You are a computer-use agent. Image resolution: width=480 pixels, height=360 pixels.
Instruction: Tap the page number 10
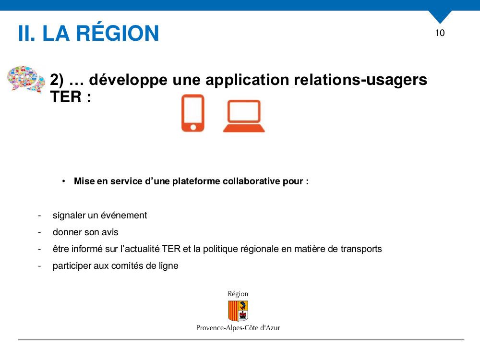(440, 33)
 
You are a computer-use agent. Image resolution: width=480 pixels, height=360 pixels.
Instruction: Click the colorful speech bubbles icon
(26, 79)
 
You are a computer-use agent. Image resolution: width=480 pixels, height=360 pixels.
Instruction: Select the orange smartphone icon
(193, 113)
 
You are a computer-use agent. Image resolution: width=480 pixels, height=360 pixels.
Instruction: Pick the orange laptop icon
(244, 116)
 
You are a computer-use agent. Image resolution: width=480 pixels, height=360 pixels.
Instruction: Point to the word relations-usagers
(360, 80)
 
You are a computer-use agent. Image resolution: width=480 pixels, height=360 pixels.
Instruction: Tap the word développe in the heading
(128, 80)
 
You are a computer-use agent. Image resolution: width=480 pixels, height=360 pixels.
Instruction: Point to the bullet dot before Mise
(64, 181)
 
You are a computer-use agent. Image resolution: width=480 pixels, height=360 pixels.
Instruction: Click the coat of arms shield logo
(238, 311)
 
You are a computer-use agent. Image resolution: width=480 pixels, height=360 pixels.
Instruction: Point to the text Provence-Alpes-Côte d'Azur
(238, 328)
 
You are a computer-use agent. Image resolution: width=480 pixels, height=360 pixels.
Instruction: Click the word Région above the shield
(238, 294)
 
